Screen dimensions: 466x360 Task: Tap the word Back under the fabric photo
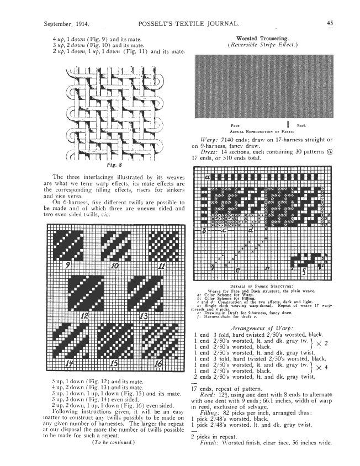(x=301, y=126)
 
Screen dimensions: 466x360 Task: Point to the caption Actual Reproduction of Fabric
(x=260, y=131)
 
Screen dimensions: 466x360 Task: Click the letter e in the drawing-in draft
(x=237, y=271)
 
